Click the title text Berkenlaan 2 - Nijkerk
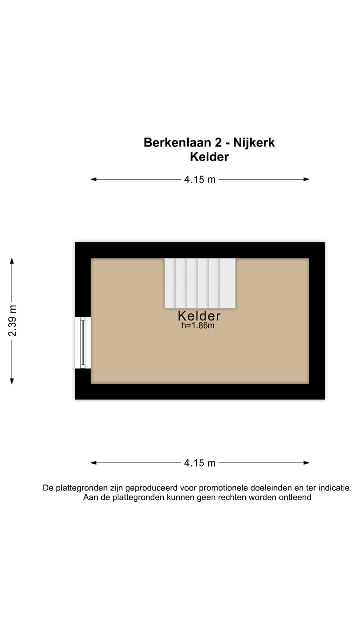[x=209, y=142]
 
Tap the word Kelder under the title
[x=209, y=157]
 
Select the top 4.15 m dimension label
[x=200, y=180]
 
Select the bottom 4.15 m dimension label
[x=200, y=463]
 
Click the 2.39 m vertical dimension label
[x=12, y=320]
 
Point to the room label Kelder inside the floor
[x=199, y=316]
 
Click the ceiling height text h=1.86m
[x=198, y=326]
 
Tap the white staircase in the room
[x=200, y=283]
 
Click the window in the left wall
[x=83, y=343]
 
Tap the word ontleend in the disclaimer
[x=295, y=497]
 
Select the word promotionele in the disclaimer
[x=239, y=488]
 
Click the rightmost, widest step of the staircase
[x=228, y=283]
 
